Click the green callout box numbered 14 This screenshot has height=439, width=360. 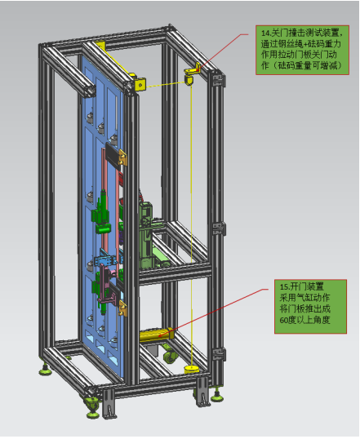click(x=302, y=50)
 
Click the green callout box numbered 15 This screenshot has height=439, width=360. click(x=310, y=306)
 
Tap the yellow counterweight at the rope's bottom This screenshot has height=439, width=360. click(x=192, y=370)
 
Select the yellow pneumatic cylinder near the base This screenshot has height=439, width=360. click(x=157, y=335)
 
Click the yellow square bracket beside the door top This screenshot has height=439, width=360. click(x=140, y=84)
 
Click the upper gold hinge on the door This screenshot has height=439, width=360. click(x=122, y=157)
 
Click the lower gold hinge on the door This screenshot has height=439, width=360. click(x=122, y=308)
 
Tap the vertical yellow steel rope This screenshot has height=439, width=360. click(x=191, y=224)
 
